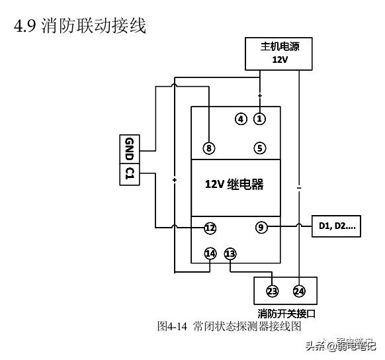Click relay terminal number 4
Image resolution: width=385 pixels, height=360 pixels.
241,119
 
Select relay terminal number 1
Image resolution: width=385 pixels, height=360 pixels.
259,119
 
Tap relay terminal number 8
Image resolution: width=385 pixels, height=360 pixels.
209,148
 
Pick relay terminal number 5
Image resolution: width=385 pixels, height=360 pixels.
260,148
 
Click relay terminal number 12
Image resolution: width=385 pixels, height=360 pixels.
210,228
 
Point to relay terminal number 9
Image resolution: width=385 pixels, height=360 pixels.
261,228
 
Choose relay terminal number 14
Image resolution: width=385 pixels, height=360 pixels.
210,253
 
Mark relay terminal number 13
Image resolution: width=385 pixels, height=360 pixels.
230,253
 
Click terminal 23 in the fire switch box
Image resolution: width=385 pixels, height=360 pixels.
272,291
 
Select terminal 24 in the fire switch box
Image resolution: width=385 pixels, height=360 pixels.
299,291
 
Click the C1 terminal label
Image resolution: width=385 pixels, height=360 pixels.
130,175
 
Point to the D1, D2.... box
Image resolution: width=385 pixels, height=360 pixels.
337,227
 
